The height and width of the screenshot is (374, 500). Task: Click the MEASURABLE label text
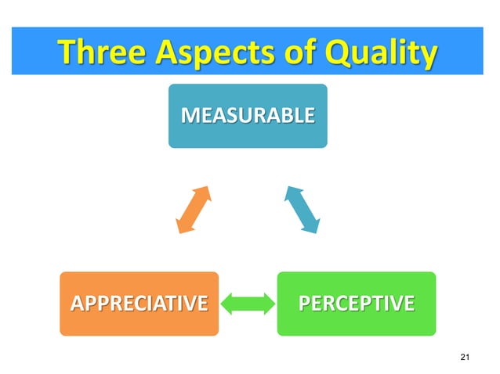click(248, 116)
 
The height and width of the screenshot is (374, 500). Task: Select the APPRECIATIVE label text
click(139, 303)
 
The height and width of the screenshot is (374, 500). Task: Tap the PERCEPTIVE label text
click(357, 303)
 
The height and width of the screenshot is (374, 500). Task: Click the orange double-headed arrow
click(193, 210)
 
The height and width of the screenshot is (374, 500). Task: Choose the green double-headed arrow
click(248, 304)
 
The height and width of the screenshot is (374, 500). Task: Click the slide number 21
click(466, 358)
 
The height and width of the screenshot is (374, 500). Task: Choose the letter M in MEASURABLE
click(188, 116)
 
